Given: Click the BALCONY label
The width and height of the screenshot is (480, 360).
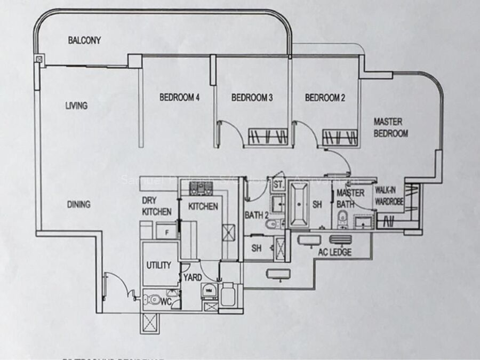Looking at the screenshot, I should point(85,40).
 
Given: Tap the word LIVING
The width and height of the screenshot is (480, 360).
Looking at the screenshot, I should point(76,106).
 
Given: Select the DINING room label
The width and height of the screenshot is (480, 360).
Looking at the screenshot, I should point(78,204).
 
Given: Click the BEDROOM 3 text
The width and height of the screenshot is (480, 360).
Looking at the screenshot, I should point(252,98).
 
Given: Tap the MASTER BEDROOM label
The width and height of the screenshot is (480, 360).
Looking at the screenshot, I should point(391,127).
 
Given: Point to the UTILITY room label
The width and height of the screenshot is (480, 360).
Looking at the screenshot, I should point(159,265).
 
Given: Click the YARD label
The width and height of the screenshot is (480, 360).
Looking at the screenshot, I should point(192,277).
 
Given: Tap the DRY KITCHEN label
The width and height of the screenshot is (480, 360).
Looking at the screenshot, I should point(156,206).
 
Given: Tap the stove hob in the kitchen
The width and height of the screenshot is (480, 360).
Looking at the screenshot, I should point(202,187).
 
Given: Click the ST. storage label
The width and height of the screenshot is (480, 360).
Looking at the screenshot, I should point(278,185).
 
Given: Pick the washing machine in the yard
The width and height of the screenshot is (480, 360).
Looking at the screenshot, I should point(208,291).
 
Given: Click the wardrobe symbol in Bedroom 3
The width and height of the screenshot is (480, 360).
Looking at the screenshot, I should point(268,136).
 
